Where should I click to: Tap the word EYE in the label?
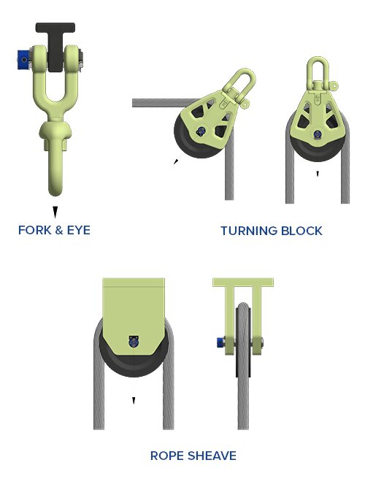[x=79, y=230]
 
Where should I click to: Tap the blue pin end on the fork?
[x=23, y=58]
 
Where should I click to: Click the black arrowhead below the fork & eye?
[x=55, y=212]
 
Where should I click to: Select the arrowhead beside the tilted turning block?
[x=176, y=161]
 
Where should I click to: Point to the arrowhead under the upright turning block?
[x=318, y=174]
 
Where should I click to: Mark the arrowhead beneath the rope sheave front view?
[x=134, y=401]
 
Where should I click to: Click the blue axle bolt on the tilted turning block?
[x=201, y=131]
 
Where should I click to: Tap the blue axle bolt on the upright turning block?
[x=318, y=134]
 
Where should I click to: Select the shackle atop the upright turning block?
[x=318, y=74]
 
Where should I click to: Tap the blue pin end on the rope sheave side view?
[x=221, y=342]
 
